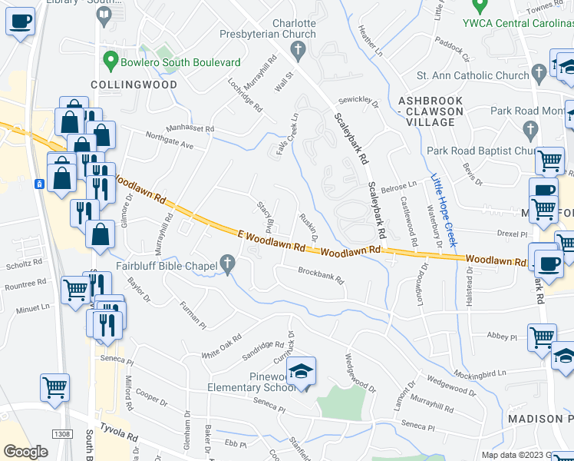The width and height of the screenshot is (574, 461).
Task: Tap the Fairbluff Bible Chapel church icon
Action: (x=227, y=265)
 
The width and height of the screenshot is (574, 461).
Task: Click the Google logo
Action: (x=26, y=452)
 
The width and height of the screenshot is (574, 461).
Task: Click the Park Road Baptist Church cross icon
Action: (x=529, y=128)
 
